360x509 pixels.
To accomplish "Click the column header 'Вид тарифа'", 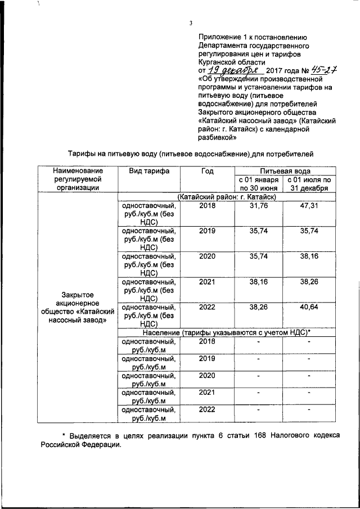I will (x=149, y=170).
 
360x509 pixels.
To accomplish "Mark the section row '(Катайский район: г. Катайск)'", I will (x=226, y=197).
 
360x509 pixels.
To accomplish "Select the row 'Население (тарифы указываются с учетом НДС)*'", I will (x=226, y=332).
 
